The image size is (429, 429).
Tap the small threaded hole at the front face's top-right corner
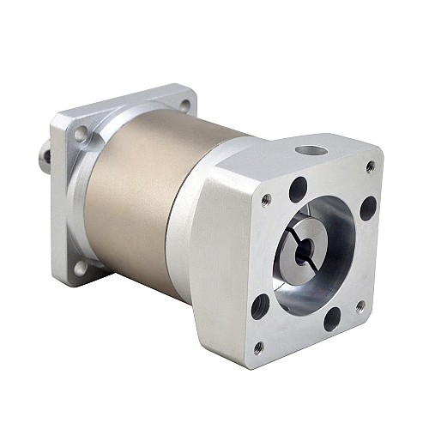point(370,166)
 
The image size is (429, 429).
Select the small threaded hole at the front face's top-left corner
point(266,200)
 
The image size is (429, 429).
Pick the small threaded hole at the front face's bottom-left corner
point(259,347)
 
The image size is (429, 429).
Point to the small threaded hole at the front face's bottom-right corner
point(359,305)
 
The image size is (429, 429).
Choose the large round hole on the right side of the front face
point(368,207)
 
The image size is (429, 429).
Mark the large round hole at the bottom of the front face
point(330,319)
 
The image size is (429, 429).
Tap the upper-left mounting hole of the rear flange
point(81,136)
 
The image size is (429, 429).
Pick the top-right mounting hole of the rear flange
point(185,105)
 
